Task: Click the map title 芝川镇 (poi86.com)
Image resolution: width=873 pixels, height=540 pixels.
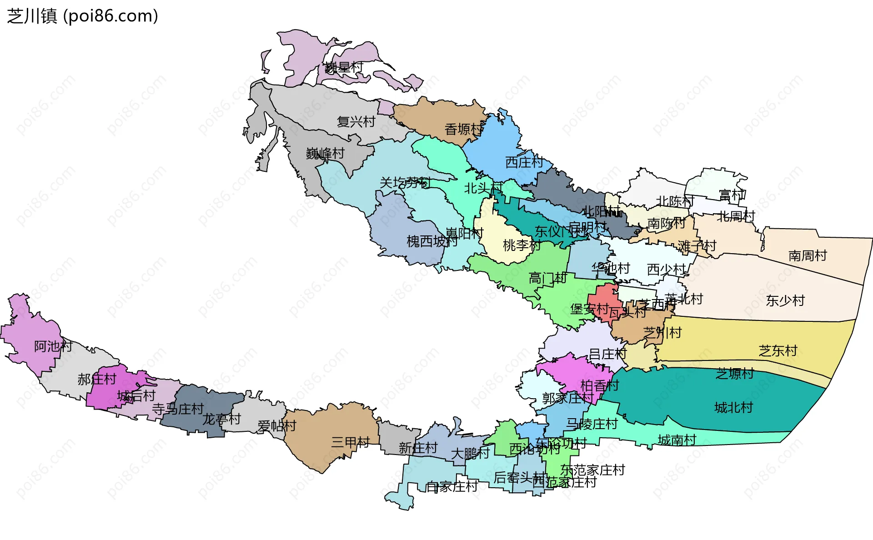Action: (x=82, y=16)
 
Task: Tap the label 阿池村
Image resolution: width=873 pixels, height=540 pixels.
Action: (x=53, y=347)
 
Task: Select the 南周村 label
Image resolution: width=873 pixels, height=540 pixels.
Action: (x=808, y=256)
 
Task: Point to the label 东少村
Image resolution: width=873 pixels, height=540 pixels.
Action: (x=785, y=301)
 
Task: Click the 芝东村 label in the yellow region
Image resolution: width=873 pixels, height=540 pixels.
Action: (x=778, y=351)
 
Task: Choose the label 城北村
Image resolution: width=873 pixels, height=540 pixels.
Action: (x=733, y=408)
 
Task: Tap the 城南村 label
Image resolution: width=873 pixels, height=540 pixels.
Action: (x=677, y=440)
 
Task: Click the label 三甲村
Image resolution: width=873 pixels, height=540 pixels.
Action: (x=350, y=442)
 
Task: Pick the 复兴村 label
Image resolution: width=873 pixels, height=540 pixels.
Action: (x=356, y=122)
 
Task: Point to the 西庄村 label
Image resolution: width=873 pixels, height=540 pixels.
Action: (x=524, y=162)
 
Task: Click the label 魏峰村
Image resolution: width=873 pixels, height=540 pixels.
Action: (x=325, y=154)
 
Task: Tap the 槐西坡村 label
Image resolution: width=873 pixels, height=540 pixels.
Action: (x=432, y=241)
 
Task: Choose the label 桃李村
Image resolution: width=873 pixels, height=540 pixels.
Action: (x=522, y=245)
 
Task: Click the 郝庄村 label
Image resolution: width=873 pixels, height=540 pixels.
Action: (x=97, y=379)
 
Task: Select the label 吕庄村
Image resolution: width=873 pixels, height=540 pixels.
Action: (x=607, y=354)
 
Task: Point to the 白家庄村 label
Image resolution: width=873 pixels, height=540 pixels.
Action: (x=452, y=487)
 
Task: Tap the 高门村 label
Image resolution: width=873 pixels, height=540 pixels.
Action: (x=547, y=278)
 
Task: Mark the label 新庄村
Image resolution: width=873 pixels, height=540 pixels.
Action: (x=418, y=448)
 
